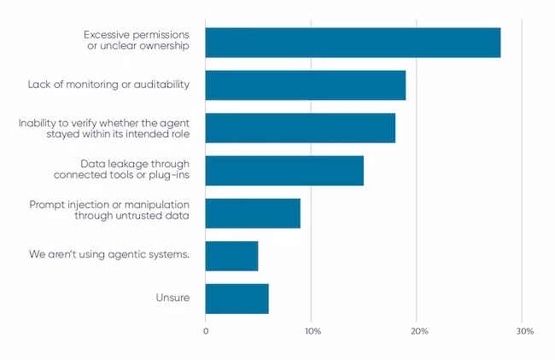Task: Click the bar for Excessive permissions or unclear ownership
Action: click(353, 43)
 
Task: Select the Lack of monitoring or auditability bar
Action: click(306, 85)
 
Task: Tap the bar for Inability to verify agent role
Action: click(301, 128)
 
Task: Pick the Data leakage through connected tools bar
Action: click(284, 171)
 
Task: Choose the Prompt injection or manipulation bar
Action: click(253, 213)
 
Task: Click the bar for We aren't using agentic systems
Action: click(232, 256)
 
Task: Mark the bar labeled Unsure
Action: click(237, 299)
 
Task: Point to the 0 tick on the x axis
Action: click(206, 331)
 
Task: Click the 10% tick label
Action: click(313, 331)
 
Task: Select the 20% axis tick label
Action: click(419, 331)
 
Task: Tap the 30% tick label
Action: click(525, 331)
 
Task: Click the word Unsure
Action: click(172, 298)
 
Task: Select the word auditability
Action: click(161, 84)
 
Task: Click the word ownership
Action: click(164, 46)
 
